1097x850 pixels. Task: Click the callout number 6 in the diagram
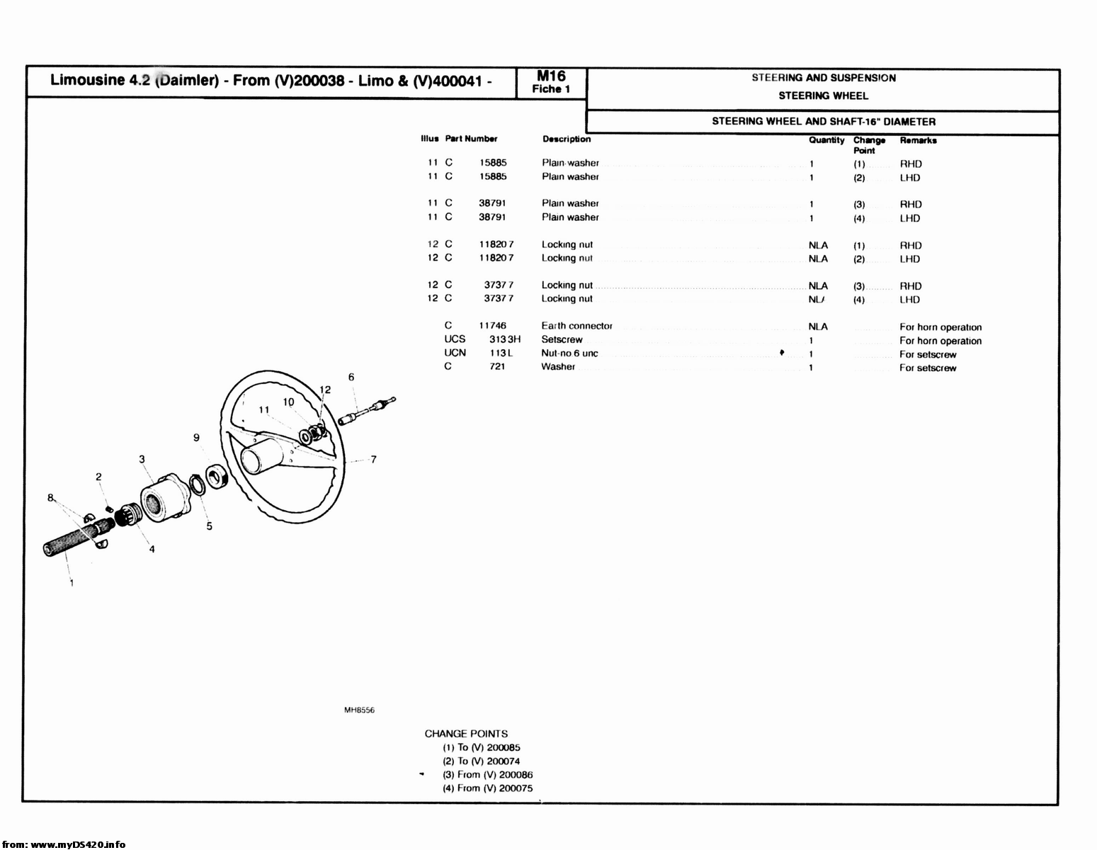pyautogui.click(x=351, y=378)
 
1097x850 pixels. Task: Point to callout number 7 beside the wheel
pyautogui.click(x=373, y=460)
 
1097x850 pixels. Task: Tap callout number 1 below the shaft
pyautogui.click(x=72, y=583)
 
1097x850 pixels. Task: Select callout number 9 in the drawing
pyautogui.click(x=196, y=438)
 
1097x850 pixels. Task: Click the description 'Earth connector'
pyautogui.click(x=576, y=326)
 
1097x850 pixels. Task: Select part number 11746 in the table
pyautogui.click(x=492, y=326)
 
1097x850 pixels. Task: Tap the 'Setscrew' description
pyautogui.click(x=562, y=339)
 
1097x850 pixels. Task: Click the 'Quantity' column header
pyautogui.click(x=826, y=140)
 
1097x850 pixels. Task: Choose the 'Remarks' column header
pyautogui.click(x=918, y=140)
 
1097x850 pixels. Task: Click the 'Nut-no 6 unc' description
pyautogui.click(x=569, y=353)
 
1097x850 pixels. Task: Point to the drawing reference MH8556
pyautogui.click(x=359, y=710)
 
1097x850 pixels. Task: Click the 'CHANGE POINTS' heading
pyautogui.click(x=466, y=734)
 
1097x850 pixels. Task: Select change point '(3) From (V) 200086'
pyautogui.click(x=487, y=775)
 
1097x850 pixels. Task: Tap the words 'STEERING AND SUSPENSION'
pyautogui.click(x=824, y=78)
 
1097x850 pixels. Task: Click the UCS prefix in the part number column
pyautogui.click(x=455, y=339)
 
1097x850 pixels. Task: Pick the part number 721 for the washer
pyautogui.click(x=497, y=367)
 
